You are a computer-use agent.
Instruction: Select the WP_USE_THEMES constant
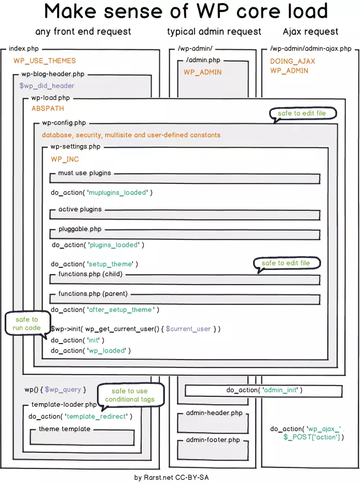(45, 61)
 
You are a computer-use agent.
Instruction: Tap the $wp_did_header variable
(47, 86)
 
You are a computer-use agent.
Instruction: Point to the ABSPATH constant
(48, 109)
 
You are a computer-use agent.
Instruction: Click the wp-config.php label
(64, 123)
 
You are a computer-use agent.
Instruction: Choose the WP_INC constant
(65, 159)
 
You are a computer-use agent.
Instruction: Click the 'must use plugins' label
(85, 173)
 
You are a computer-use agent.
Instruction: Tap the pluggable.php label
(80, 229)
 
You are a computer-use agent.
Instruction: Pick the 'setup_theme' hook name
(110, 264)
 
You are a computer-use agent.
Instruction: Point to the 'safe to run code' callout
(26, 324)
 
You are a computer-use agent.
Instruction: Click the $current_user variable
(188, 329)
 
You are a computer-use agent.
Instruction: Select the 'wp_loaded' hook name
(107, 351)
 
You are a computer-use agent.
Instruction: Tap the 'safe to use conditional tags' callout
(130, 395)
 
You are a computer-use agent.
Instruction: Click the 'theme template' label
(64, 429)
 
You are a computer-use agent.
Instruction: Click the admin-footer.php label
(213, 440)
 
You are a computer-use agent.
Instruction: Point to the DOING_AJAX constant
(293, 61)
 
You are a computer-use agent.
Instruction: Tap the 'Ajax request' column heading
(310, 32)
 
